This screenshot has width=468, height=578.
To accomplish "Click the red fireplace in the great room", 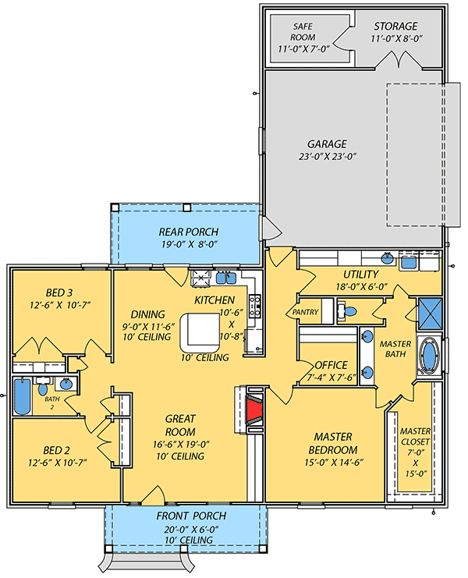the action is (254, 410).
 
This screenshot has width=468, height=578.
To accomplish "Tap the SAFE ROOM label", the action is (303, 32).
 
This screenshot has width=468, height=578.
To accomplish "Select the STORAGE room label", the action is (395, 27).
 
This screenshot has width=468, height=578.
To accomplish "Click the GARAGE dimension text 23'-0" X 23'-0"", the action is (328, 156).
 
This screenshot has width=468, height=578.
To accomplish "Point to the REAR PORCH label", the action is (188, 232).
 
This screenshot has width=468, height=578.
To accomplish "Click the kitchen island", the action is (200, 332).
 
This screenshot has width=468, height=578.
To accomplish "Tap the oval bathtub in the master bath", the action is (429, 356).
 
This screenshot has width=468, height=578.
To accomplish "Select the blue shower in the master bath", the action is (430, 313).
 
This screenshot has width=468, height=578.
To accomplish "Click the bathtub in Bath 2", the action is (22, 396).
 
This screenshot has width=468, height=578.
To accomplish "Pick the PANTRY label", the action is (305, 312).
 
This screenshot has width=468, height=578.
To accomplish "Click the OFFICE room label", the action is (331, 365).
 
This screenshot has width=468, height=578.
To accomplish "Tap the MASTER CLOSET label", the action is (415, 436).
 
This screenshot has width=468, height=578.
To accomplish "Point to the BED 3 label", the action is (59, 293).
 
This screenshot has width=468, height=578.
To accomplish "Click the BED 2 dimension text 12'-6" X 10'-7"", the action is (58, 463).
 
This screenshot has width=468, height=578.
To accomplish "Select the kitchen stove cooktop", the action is (255, 306).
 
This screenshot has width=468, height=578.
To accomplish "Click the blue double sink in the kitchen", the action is (226, 278).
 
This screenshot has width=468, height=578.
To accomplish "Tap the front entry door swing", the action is (154, 495).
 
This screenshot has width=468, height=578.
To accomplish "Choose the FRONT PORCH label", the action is (191, 516).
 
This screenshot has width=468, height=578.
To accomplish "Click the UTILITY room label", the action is (361, 275).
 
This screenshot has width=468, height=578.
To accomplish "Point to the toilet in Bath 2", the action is (42, 387).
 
